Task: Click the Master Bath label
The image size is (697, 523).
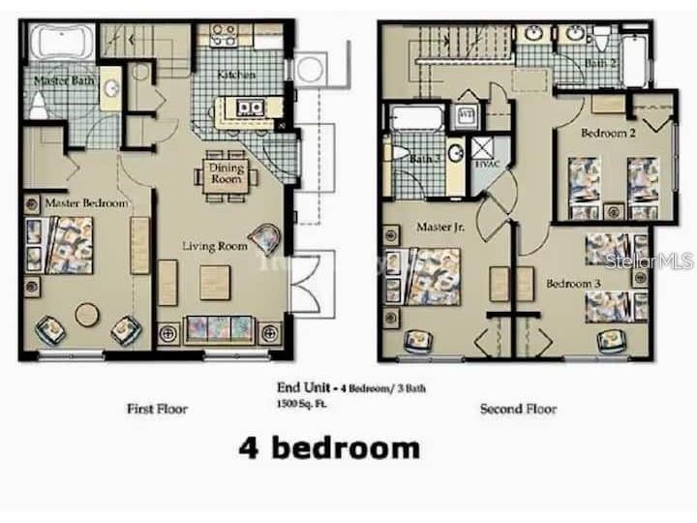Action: tap(65, 80)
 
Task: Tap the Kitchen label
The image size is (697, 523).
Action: tap(235, 75)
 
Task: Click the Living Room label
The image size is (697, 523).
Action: tap(215, 246)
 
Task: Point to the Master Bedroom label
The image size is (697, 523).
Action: tap(86, 202)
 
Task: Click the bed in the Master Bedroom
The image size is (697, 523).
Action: tap(60, 245)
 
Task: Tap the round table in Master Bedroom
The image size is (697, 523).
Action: tap(87, 315)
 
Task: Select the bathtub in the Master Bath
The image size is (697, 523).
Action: tap(61, 44)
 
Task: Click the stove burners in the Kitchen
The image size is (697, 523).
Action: tap(224, 35)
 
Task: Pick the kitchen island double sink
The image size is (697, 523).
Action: tap(247, 108)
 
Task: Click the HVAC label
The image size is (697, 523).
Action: tap(484, 164)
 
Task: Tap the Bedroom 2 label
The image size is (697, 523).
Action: tap(608, 133)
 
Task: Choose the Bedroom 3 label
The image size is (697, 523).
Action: tap(573, 284)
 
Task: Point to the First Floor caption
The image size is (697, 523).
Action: tap(157, 409)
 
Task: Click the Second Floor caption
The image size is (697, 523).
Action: tap(518, 409)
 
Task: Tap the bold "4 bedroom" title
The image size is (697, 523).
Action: tap(329, 447)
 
